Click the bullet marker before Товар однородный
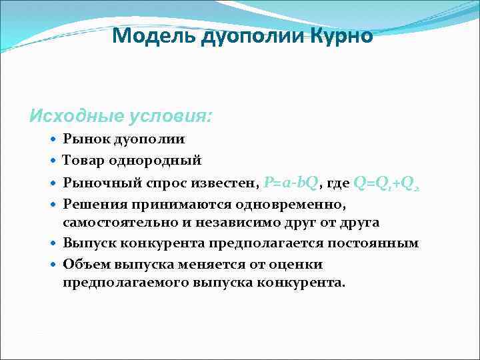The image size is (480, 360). click(x=55, y=161)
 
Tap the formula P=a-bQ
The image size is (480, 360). click(x=293, y=181)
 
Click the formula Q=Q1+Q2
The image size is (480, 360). click(x=387, y=182)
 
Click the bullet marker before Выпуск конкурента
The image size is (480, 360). click(x=55, y=243)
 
